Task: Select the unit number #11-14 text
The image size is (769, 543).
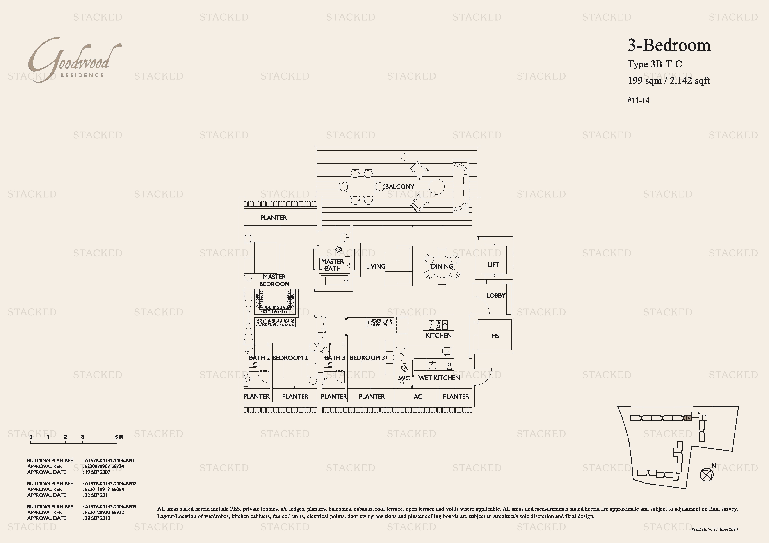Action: pos(638,100)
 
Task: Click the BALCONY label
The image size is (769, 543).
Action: pos(400,187)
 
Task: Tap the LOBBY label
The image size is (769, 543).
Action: pos(496,295)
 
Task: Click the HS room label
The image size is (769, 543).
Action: pos(495,336)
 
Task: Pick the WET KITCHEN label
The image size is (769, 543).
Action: pos(439,378)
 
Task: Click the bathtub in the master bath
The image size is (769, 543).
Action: pos(335,280)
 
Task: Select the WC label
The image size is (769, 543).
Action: pos(404,378)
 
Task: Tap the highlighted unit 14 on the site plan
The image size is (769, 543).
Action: pos(687,417)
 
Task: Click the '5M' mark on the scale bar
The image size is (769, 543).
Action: pos(119,437)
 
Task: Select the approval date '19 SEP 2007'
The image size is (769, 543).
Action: pos(98,472)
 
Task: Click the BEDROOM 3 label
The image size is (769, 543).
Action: pos(367,358)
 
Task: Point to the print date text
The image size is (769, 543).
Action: pos(714,529)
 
